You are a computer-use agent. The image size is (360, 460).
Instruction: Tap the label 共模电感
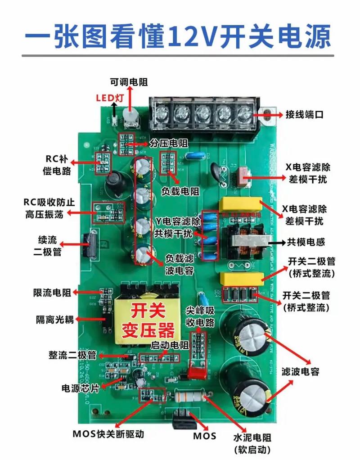(306, 242)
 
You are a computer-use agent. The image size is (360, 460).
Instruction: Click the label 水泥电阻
(252, 437)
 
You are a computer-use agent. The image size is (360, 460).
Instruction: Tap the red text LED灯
(110, 97)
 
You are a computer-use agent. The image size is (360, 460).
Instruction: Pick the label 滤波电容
(300, 371)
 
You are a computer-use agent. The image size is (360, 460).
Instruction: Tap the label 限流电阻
(52, 293)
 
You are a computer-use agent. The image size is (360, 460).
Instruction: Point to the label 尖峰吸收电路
(200, 316)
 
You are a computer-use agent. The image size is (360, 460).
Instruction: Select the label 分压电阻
(169, 143)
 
